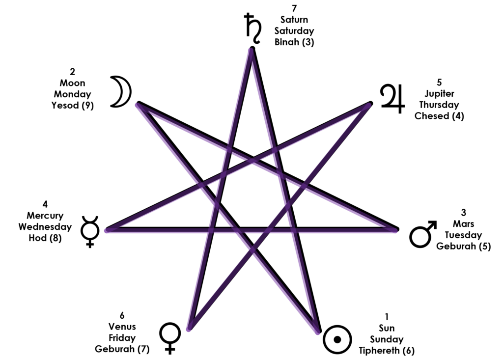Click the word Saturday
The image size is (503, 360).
(294, 31)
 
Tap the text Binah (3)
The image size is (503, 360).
(294, 42)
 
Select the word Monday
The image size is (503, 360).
(73, 94)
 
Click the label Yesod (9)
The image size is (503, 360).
(73, 105)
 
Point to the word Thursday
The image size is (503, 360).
(439, 105)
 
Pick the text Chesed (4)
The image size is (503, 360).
(439, 116)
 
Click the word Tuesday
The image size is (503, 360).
(463, 235)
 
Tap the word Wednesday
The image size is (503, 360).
(45, 227)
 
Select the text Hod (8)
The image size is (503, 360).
(45, 238)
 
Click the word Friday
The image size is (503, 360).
(122, 338)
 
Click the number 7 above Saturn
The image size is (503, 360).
(294, 8)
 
